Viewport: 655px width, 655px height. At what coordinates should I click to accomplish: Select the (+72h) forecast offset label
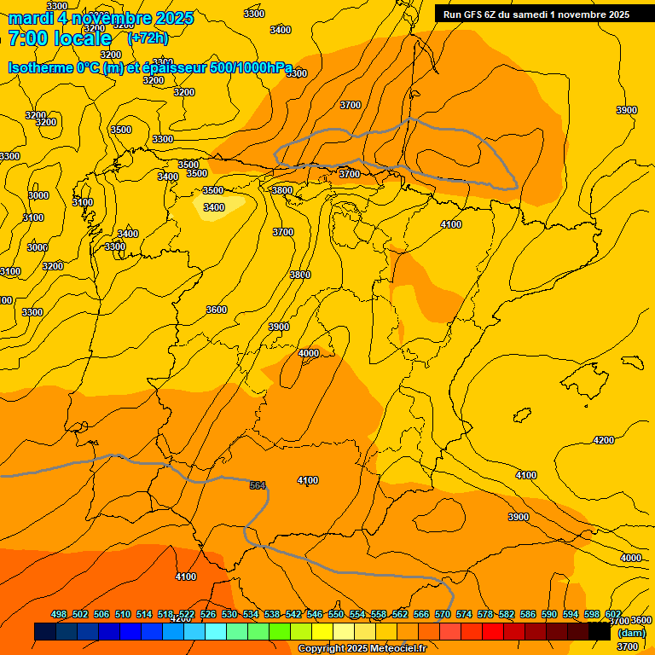[x=148, y=38]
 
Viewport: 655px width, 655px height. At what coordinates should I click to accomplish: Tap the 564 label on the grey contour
[x=258, y=485]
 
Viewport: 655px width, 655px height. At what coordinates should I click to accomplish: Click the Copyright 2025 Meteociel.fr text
[x=362, y=649]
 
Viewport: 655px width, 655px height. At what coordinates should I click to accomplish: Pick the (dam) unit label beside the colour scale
[x=631, y=632]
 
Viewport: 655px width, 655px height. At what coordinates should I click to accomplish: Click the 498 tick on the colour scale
[x=59, y=615]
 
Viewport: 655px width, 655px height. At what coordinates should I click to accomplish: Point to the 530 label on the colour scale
[x=229, y=615]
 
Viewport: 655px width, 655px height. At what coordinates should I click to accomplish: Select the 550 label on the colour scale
[x=336, y=615]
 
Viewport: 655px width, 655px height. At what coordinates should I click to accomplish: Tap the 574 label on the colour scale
[x=464, y=615]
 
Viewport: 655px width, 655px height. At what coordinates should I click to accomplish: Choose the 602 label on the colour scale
[x=613, y=615]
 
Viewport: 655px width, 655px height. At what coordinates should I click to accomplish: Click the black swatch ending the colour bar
[x=599, y=632]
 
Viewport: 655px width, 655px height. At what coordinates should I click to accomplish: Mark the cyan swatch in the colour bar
[x=215, y=632]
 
